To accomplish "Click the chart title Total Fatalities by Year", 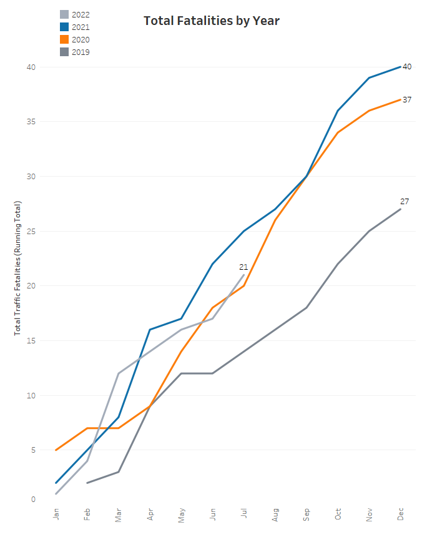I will click(212, 21).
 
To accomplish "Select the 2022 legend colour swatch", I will click(64, 14).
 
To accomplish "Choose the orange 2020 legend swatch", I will click(64, 39).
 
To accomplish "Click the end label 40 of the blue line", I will click(407, 66).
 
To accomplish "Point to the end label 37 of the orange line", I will click(407, 99).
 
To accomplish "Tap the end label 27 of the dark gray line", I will click(405, 201).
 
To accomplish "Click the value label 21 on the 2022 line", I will click(243, 267).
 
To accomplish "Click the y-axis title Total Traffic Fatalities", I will click(18, 268).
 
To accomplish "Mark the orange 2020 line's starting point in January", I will click(56, 450).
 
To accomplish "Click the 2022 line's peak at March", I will click(119, 373).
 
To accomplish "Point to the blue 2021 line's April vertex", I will click(150, 329).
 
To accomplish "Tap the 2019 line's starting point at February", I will click(87, 483).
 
